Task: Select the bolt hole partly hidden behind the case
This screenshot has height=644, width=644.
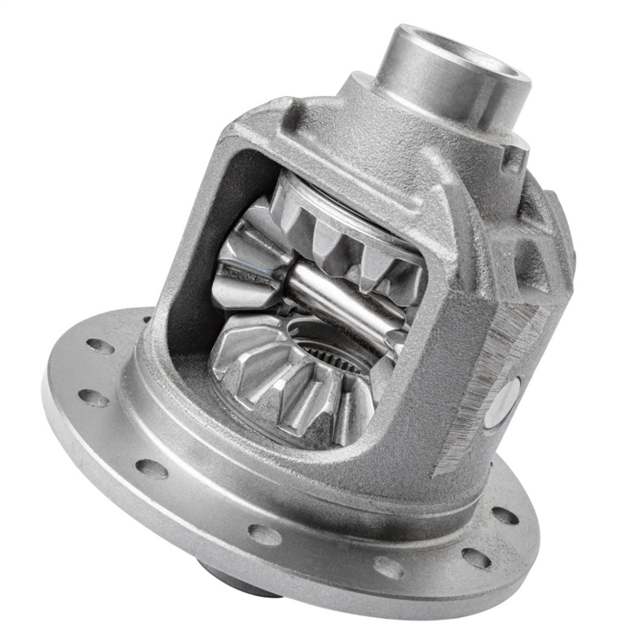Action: click(x=145, y=319)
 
